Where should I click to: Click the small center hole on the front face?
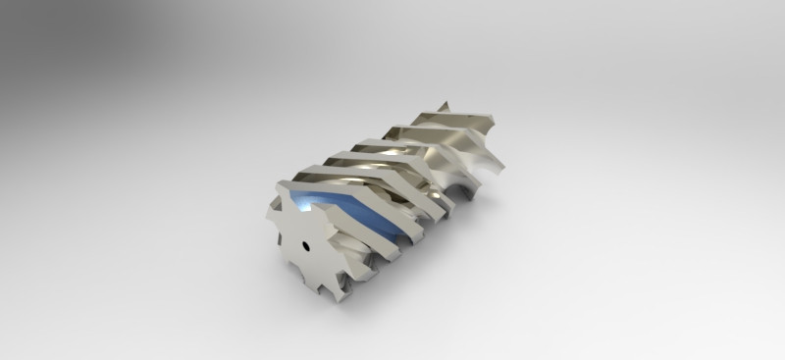coord(305,246)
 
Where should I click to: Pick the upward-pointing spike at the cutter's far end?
coord(445,105)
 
